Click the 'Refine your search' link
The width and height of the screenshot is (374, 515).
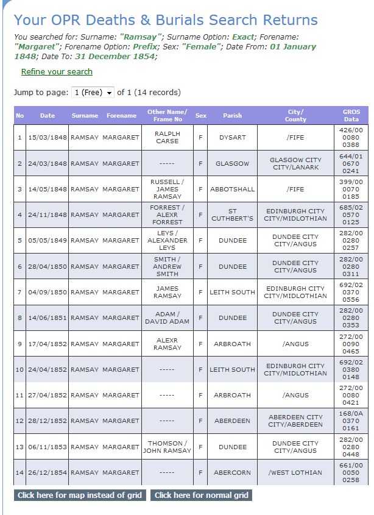point(57,72)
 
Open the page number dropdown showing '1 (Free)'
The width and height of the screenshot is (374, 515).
point(93,93)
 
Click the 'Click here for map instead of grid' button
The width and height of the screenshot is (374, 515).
point(79,495)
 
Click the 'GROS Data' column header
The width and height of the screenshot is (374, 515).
point(351,115)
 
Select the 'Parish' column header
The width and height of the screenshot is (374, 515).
point(232,115)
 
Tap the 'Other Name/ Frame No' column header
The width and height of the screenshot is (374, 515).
point(167,115)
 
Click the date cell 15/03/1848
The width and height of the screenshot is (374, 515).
point(47,137)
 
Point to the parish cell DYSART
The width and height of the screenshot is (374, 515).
point(232,137)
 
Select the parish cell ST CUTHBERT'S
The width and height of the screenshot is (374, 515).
point(232,215)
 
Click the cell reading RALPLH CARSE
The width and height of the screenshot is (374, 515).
point(167,137)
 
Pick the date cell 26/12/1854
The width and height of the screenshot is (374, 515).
point(47,472)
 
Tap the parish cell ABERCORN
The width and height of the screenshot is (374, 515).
point(232,472)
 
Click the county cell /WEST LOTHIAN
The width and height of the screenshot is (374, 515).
point(295,472)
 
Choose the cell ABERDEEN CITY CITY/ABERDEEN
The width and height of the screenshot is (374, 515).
point(295,421)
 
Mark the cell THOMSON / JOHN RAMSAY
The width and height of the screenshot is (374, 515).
point(167,447)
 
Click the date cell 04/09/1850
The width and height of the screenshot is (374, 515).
point(47,292)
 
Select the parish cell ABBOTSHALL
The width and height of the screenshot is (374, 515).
point(232,189)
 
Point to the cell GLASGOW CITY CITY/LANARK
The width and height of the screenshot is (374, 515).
point(295,163)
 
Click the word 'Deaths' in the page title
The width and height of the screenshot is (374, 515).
point(108,20)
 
